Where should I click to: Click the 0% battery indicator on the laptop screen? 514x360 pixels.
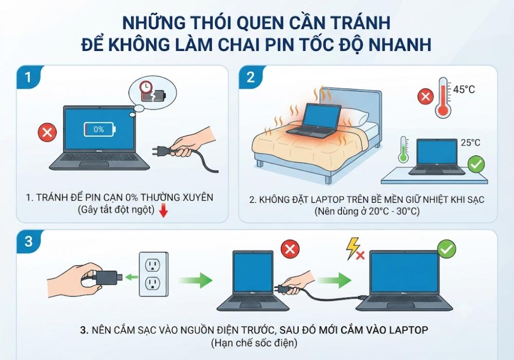coord(100,130)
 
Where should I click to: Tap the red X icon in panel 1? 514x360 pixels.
coord(47,133)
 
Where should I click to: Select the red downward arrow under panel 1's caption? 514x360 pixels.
coord(163,211)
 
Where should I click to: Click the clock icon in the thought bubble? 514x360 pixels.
coord(145,86)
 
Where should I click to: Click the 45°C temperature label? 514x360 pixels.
coord(464,89)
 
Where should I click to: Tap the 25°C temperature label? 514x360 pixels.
coord(470,142)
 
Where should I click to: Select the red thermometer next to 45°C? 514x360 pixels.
coord(443,97)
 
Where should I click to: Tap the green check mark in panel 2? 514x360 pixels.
coord(476,165)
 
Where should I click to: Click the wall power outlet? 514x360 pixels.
coord(153,274)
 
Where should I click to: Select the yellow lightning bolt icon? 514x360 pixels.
coord(353,248)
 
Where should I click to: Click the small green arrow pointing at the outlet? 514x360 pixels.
coord(132,277)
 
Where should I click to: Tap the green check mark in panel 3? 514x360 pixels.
coord(447,249)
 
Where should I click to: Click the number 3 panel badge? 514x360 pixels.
coord(28,241)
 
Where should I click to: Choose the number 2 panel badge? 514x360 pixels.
coord(250,77)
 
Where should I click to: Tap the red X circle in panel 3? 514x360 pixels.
coord(290,249)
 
